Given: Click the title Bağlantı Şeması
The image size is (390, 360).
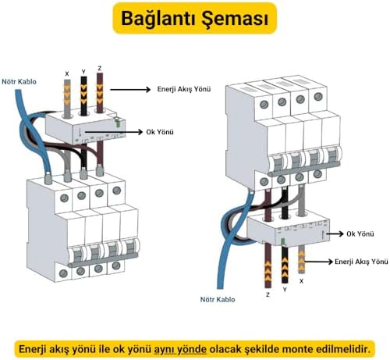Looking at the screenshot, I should [x=194, y=17].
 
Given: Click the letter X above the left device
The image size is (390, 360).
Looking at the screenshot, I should [x=66, y=73].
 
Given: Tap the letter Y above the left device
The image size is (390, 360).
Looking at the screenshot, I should [x=83, y=71].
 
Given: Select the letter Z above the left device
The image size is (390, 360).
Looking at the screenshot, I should [x=99, y=68].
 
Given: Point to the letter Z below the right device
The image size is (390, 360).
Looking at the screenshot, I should [x=268, y=294].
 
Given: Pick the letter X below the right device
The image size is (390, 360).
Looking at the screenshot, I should [x=302, y=279].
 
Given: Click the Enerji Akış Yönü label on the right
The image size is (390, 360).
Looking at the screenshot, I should [x=361, y=262].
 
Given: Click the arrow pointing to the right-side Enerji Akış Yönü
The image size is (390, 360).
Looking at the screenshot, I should [x=320, y=262].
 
